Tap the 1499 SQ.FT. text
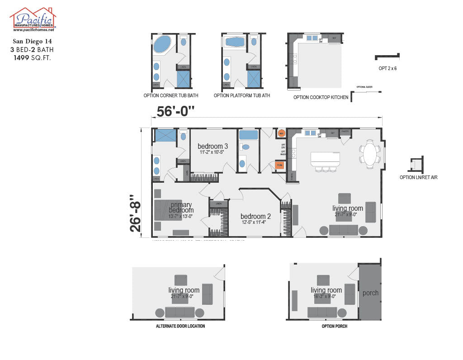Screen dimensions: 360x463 (32, 57)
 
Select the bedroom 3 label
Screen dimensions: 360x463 (213, 147)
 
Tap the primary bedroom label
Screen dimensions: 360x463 (182, 208)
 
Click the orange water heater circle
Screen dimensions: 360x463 (281, 133)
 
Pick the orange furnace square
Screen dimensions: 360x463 (280, 166)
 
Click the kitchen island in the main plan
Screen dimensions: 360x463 (326, 159)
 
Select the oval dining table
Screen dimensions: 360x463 (370, 154)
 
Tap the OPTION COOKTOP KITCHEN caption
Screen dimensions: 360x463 (321, 97)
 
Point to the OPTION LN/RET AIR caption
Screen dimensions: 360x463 (418, 177)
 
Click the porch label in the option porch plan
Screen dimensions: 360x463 (370, 293)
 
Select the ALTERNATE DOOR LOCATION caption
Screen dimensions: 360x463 (180, 326)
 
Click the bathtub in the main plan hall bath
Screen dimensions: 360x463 (248, 135)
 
